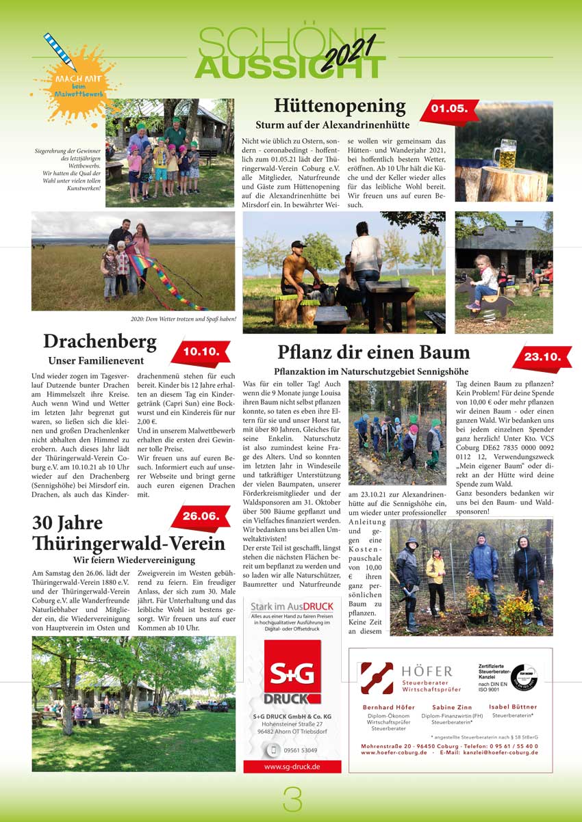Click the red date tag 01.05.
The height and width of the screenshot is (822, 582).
tap(449, 109)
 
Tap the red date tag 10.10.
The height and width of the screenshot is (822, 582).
tap(201, 352)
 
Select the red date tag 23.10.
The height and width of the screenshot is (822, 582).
tap(542, 356)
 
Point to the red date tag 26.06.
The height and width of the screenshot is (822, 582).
tap(200, 516)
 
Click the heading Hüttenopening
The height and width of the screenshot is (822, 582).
tap(340, 106)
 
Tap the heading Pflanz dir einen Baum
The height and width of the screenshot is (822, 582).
tap(373, 352)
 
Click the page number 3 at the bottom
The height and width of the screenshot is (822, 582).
tap(292, 798)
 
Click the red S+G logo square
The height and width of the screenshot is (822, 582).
tap(292, 673)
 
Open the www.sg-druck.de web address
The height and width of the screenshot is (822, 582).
tap(292, 767)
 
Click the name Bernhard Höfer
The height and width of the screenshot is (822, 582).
tap(388, 707)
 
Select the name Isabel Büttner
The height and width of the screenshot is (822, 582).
tap(513, 707)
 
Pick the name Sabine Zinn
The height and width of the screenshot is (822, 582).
tap(452, 707)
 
